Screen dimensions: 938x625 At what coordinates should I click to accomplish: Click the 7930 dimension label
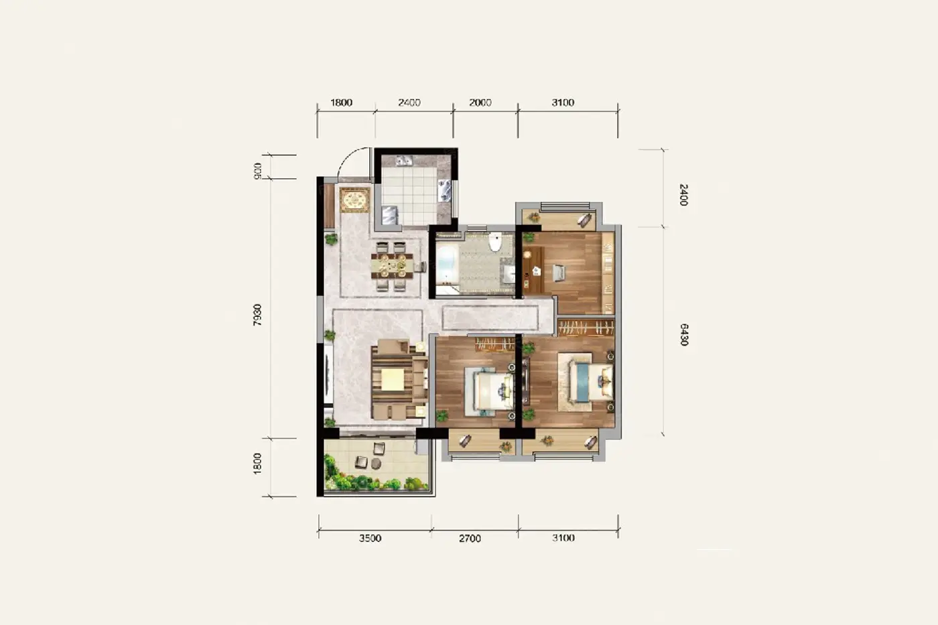point(257,315)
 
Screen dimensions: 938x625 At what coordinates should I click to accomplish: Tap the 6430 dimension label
point(683,334)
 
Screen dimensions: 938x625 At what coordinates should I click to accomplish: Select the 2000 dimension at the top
point(480,102)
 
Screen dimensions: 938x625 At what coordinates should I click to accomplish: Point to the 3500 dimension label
point(370,539)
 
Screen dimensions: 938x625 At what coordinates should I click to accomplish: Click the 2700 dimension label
point(470,539)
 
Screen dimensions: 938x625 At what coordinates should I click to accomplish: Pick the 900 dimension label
point(258,171)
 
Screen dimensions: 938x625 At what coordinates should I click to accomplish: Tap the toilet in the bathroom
point(495,242)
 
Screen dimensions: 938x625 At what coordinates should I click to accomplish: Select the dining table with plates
point(392,265)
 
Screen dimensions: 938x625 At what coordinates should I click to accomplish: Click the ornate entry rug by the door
point(355,200)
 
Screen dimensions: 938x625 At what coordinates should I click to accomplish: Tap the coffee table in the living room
point(393,379)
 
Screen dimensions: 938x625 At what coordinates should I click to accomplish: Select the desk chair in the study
point(559,273)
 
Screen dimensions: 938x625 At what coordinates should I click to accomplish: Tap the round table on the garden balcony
point(376,464)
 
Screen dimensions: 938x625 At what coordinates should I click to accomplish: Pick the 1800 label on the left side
point(257,464)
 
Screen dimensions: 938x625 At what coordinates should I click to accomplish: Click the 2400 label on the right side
point(683,195)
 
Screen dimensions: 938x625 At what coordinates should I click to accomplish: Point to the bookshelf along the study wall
point(608,273)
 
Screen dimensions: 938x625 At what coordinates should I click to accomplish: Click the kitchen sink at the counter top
point(405,161)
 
